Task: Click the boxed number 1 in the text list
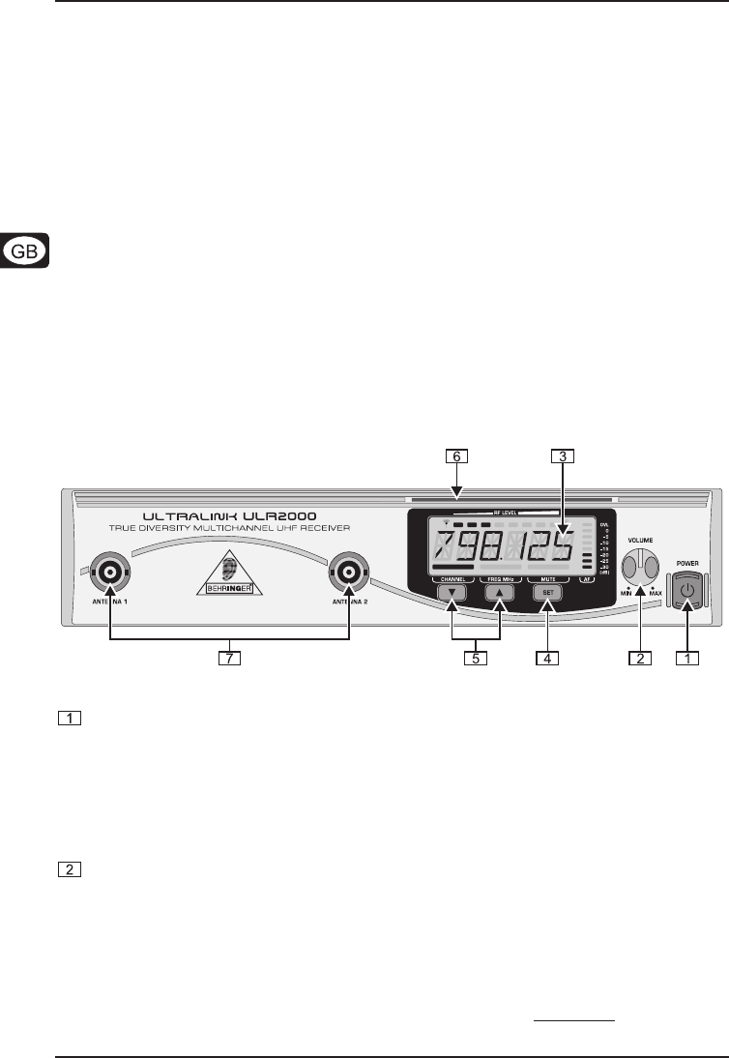69,719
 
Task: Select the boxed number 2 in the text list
69,869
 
